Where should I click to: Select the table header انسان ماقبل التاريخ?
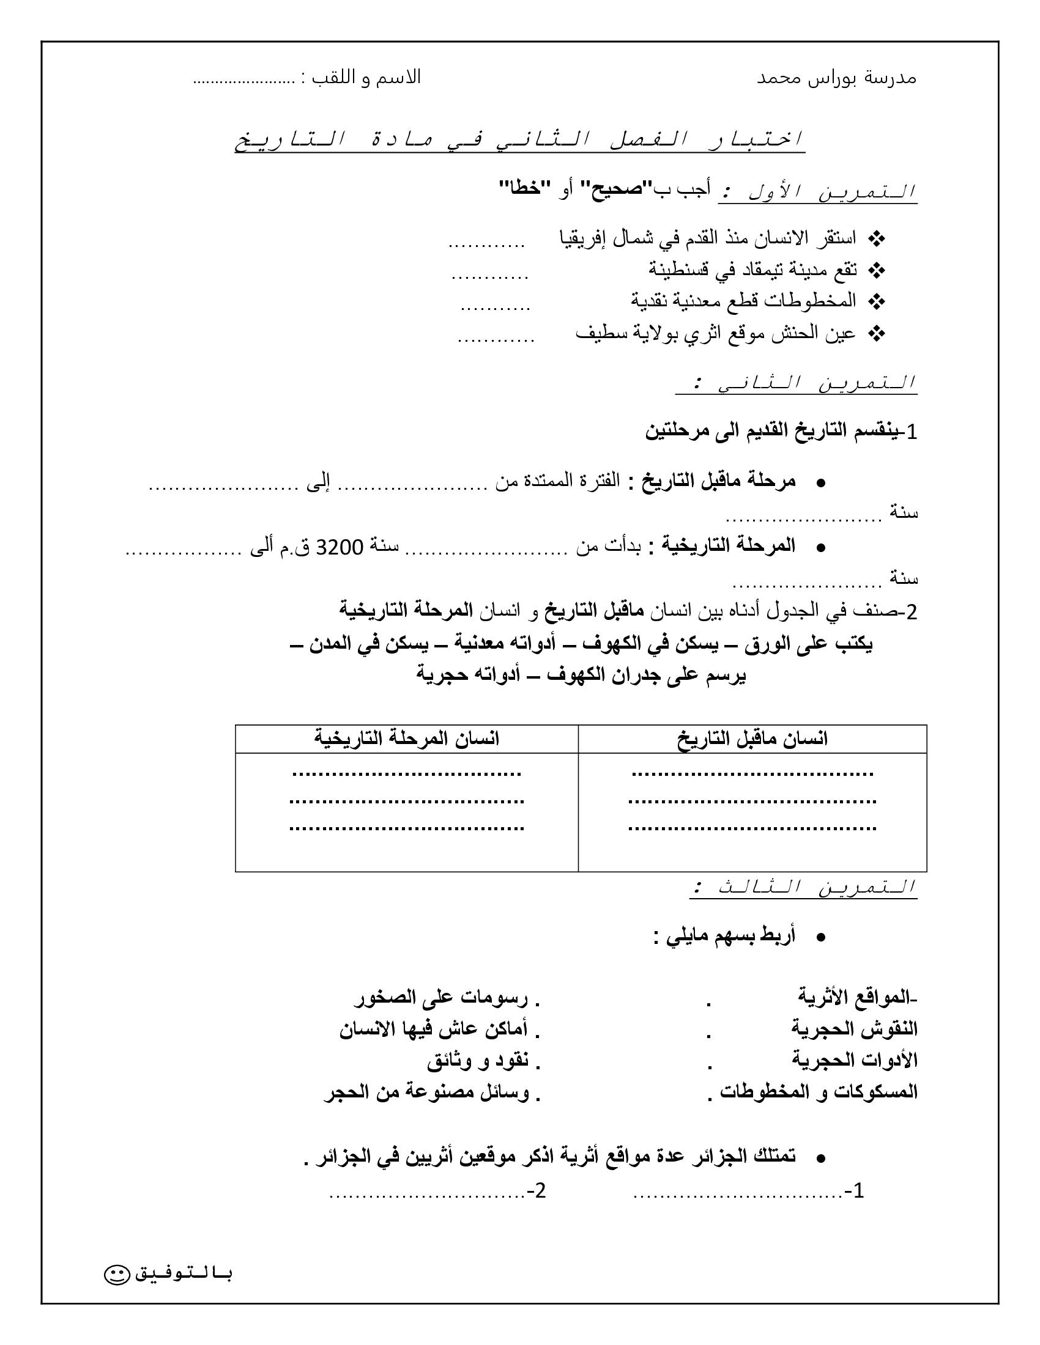(752, 739)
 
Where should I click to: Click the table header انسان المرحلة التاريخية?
(407, 739)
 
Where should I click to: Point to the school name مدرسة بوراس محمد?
(836, 78)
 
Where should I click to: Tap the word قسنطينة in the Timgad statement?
(678, 269)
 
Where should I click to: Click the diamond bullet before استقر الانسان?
(875, 238)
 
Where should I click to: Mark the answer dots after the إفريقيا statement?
(486, 245)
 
